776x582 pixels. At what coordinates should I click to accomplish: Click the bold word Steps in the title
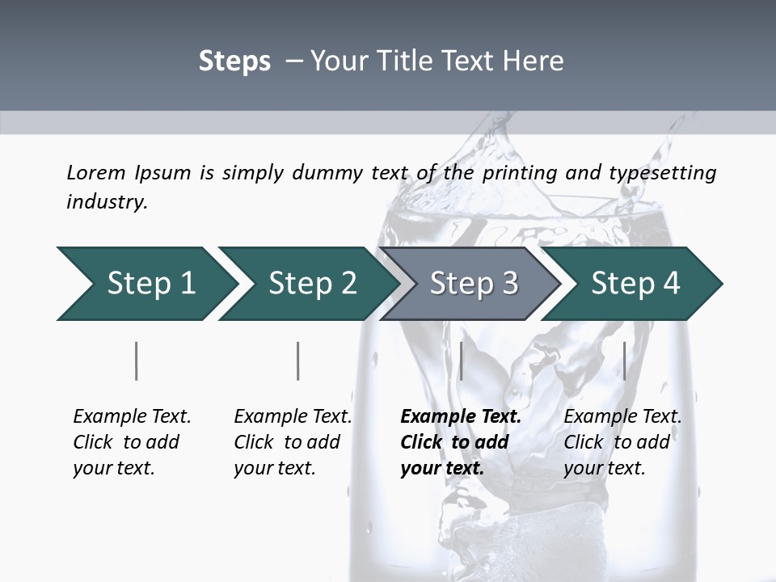click(234, 61)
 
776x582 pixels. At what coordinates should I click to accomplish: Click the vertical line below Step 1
click(137, 361)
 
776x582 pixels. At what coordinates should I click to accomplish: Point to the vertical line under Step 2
click(298, 361)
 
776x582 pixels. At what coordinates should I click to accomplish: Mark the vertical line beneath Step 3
click(461, 361)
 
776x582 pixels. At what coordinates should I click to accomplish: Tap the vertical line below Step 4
click(624, 361)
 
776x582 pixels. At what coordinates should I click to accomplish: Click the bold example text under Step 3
click(461, 442)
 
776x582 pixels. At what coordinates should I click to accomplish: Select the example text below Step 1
click(132, 442)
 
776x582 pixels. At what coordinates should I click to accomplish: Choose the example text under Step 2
click(293, 442)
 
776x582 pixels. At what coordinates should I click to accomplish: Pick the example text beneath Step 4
click(622, 442)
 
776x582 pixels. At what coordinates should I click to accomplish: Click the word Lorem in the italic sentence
click(95, 172)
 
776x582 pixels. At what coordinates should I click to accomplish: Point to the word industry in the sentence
click(107, 202)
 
